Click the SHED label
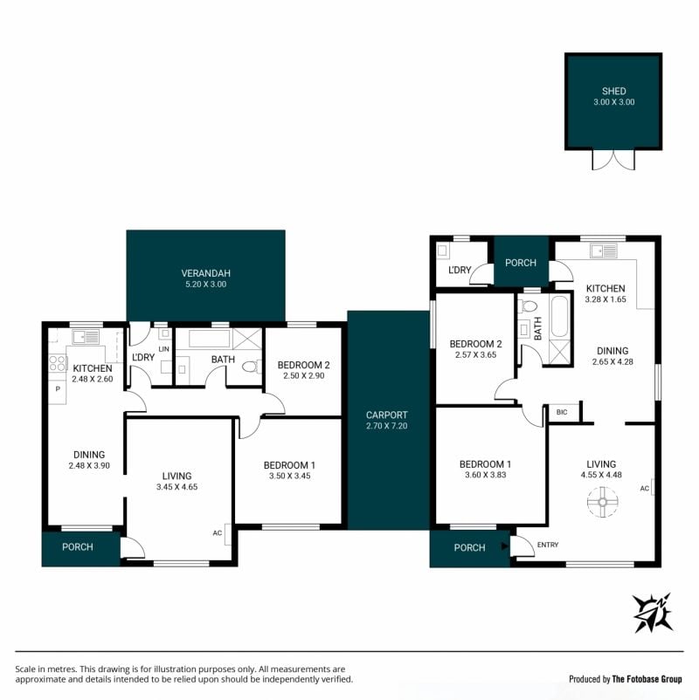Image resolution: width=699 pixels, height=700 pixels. pyautogui.click(x=613, y=91)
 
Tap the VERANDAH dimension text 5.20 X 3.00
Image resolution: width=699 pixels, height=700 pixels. pyautogui.click(x=206, y=285)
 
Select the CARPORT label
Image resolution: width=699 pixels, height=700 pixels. pyautogui.click(x=386, y=415)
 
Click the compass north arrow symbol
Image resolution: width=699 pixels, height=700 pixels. pyautogui.click(x=654, y=613)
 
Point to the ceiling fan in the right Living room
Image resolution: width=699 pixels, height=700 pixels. pyautogui.click(x=603, y=502)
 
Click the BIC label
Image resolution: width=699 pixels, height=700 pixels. pyautogui.click(x=562, y=412)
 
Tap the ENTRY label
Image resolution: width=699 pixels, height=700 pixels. pyautogui.click(x=548, y=545)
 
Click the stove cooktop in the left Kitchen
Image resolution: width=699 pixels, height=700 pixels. pyautogui.click(x=58, y=363)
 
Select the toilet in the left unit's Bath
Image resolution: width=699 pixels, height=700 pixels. pyautogui.click(x=251, y=367)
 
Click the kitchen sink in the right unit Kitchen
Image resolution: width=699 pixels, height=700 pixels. pyautogui.click(x=604, y=250)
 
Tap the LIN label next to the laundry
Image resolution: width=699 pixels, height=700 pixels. pyautogui.click(x=163, y=349)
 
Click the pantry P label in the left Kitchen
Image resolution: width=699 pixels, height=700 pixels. pyautogui.click(x=58, y=388)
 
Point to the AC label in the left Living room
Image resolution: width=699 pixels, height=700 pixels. pyautogui.click(x=218, y=533)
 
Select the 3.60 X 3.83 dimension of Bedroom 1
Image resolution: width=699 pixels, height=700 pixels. pyautogui.click(x=485, y=475)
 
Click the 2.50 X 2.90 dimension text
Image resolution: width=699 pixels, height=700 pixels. pyautogui.click(x=304, y=376)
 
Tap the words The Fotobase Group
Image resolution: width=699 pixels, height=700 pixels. pyautogui.click(x=647, y=679)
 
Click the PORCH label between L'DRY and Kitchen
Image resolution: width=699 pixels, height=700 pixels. pyautogui.click(x=521, y=263)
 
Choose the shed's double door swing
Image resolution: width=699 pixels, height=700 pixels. pyautogui.click(x=613, y=160)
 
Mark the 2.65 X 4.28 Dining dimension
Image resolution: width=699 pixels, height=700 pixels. pyautogui.click(x=612, y=362)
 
